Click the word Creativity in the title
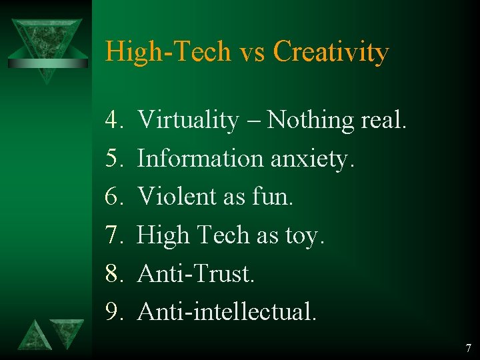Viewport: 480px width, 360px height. point(331,52)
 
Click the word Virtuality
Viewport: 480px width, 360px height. point(188,121)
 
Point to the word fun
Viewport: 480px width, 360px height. point(275,197)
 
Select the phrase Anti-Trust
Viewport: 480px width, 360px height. point(196,273)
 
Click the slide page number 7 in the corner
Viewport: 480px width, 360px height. point(468,347)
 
